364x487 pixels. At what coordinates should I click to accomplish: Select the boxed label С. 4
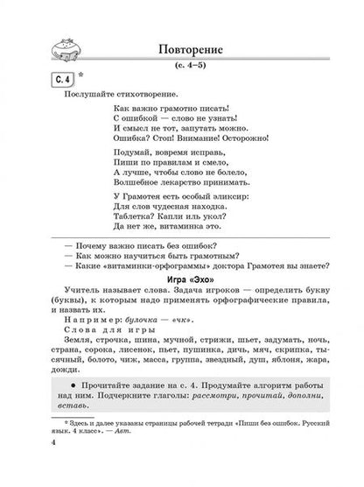pyautogui.click(x=62, y=82)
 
